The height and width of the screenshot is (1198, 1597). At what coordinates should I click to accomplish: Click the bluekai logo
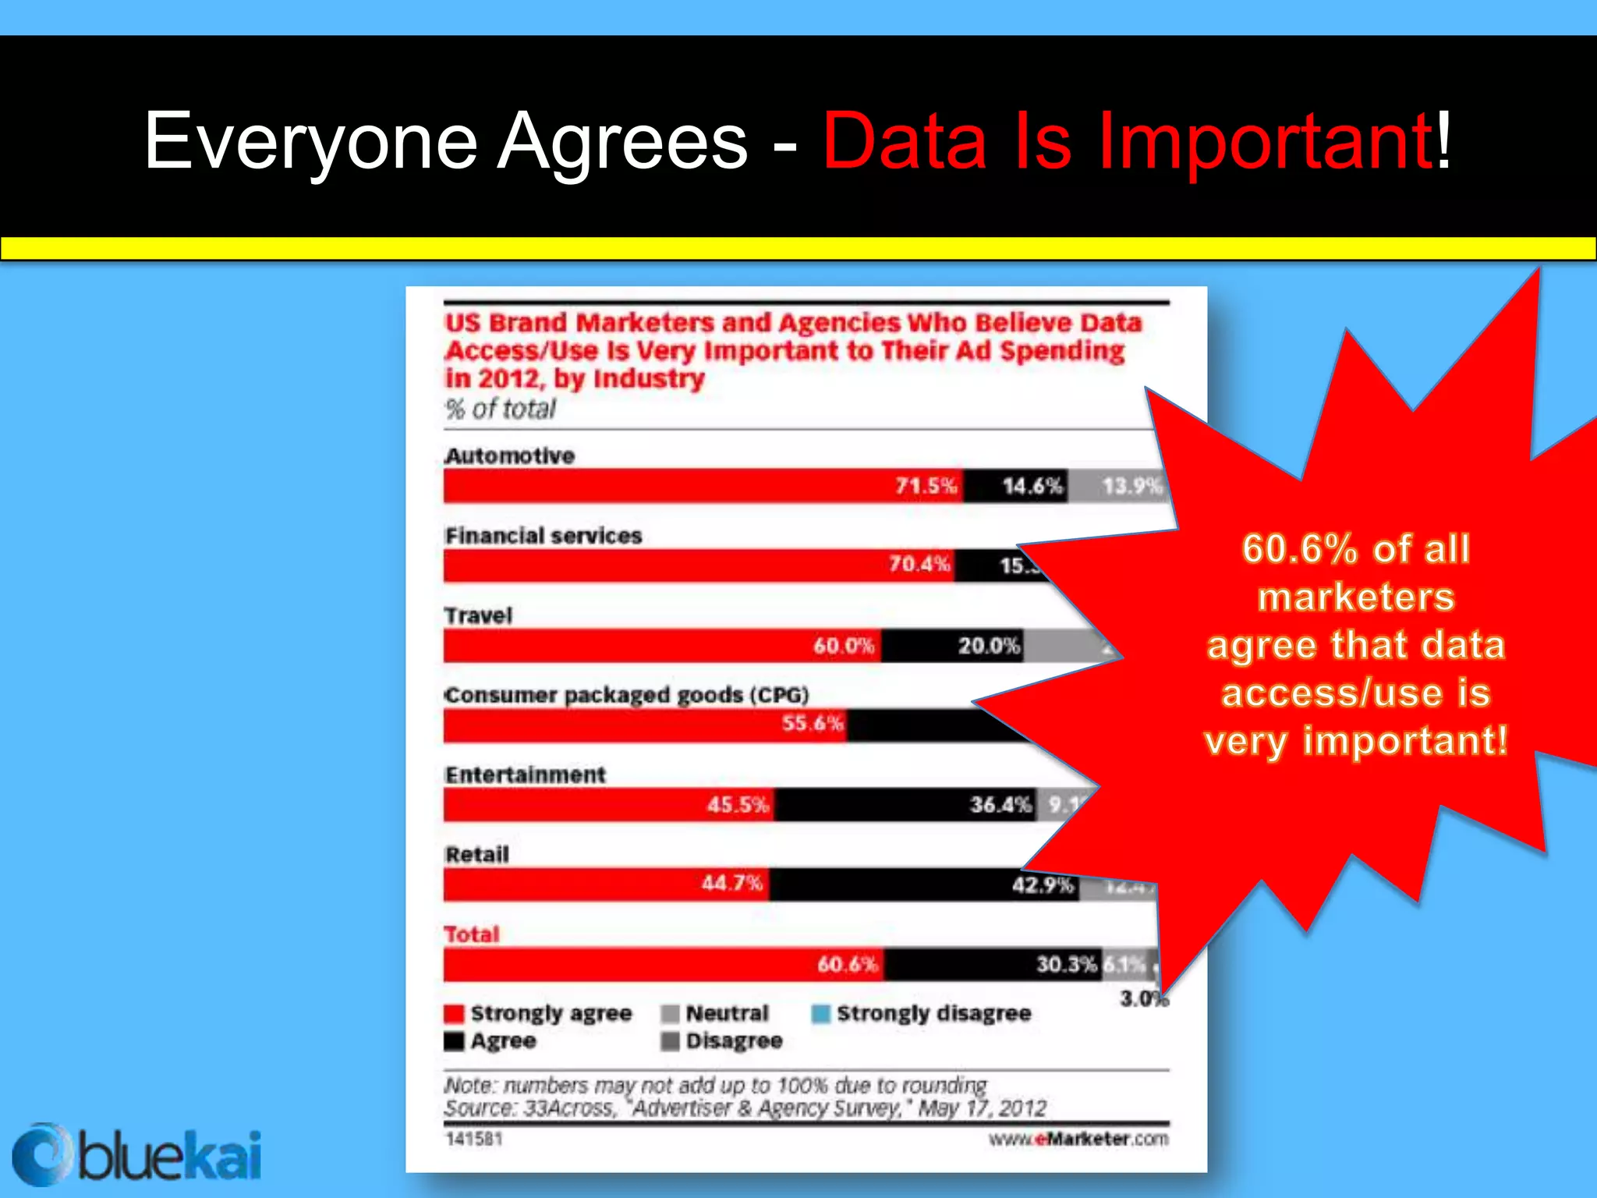137,1155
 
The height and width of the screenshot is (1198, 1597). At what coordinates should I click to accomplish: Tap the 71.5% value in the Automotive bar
926,487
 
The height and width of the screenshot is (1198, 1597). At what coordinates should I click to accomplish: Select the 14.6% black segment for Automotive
1032,487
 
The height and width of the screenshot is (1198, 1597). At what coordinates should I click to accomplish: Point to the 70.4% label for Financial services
919,564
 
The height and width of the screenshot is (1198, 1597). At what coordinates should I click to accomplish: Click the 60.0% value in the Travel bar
844,646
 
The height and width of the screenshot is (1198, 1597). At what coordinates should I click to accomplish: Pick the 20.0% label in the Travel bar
989,646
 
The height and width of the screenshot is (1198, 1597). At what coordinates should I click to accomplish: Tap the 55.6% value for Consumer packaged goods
813,724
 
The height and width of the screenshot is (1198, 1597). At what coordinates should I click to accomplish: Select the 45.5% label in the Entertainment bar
738,804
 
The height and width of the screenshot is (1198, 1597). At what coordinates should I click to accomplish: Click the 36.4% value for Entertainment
1000,804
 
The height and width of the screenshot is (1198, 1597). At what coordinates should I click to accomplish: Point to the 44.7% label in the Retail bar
731,884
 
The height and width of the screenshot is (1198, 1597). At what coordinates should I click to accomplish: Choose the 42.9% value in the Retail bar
1043,884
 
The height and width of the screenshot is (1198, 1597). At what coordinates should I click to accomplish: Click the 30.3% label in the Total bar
1066,965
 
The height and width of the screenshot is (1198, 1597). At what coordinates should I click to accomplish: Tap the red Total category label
472,934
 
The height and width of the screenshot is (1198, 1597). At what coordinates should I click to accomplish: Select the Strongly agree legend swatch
454,1014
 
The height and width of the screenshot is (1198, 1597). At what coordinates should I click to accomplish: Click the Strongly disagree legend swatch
820,1014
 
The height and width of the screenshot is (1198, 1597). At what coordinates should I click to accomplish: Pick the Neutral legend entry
726,1013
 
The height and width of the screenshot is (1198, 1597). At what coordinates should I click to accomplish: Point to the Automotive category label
510,455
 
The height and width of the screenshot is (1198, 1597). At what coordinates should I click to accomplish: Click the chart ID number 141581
474,1140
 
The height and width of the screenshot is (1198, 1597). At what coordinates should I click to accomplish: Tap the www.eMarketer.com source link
1078,1140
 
